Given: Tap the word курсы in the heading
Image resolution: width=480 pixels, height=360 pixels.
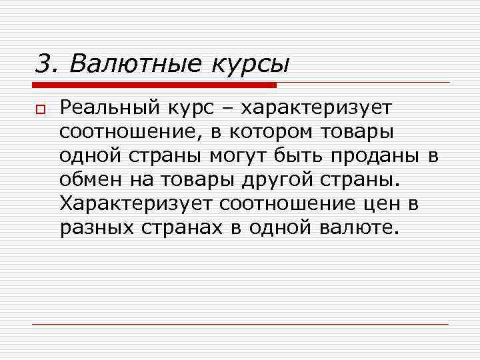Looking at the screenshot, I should click(251, 65).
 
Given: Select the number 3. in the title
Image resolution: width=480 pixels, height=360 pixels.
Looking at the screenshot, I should click(46, 64).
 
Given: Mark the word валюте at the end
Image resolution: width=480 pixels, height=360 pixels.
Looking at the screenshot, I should click(359, 227).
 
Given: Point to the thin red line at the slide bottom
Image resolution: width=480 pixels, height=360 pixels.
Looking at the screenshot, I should click(240, 324).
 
